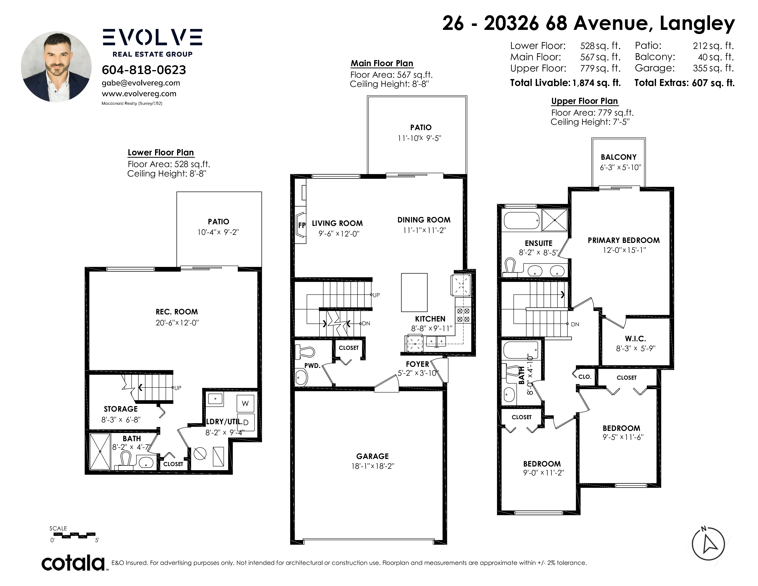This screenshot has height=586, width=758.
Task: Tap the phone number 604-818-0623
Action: point(144,70)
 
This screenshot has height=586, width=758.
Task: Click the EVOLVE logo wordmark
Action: point(152,37)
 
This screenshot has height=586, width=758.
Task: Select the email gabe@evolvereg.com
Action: point(141,83)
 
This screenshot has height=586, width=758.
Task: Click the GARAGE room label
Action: point(372,456)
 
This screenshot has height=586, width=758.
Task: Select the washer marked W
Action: point(245,403)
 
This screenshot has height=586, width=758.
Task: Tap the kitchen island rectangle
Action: point(414,292)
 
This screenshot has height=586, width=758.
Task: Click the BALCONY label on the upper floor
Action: point(619,157)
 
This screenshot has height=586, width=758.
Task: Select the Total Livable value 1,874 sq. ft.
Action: point(596,83)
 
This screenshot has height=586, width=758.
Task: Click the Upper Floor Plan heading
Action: point(585,101)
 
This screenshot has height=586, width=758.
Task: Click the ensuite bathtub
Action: point(522,220)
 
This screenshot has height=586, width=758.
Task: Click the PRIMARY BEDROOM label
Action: point(624,240)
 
